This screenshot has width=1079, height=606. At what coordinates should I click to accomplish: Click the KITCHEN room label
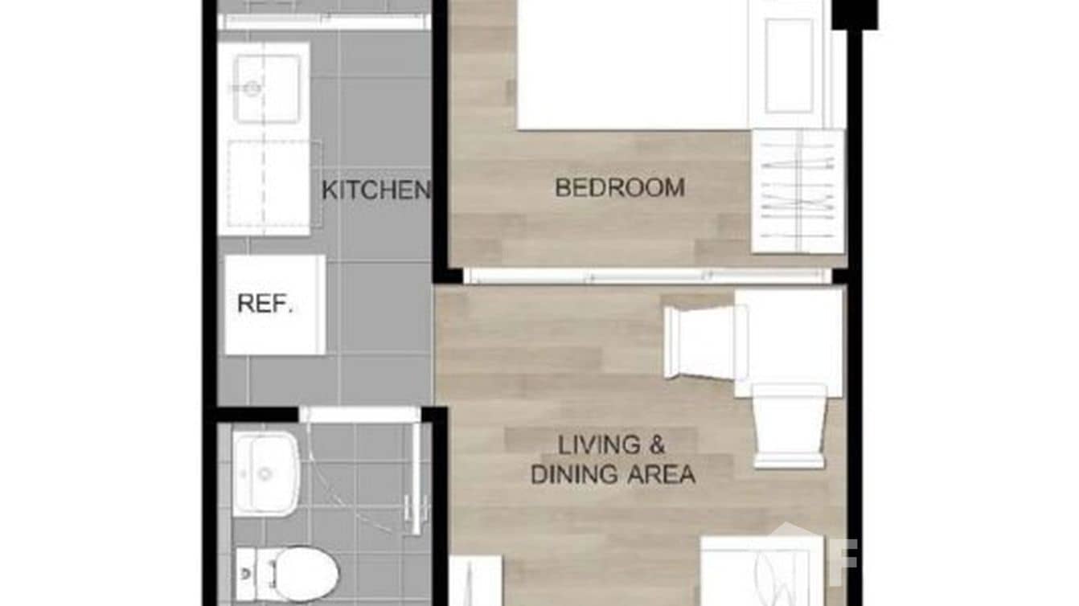pos(375,190)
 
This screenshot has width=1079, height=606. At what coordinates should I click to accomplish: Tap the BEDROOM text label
pos(620,188)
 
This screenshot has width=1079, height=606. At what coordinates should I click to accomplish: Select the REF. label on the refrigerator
pos(265,305)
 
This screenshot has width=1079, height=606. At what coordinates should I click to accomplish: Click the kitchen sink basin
pos(266,89)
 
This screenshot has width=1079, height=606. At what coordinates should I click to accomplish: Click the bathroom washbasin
pos(265,473)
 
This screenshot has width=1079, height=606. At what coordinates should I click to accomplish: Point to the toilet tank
pos(246,572)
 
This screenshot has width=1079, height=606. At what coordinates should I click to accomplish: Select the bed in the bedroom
pos(632,64)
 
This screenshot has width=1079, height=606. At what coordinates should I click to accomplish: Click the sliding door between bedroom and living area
pos(647,276)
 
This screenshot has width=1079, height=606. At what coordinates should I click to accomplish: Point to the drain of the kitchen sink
pos(252,88)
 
